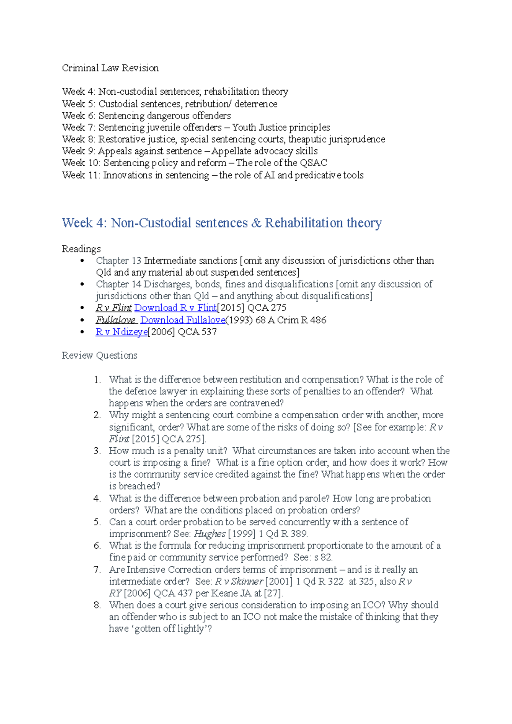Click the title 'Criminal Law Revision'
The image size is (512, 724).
pyautogui.click(x=110, y=68)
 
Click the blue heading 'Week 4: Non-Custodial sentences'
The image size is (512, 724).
pyautogui.click(x=221, y=223)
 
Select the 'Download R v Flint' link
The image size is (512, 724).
pyautogui.click(x=175, y=308)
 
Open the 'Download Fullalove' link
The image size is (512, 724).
pyautogui.click(x=183, y=320)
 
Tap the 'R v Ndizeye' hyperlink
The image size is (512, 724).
pyautogui.click(x=122, y=332)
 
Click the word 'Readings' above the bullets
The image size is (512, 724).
pyautogui.click(x=81, y=249)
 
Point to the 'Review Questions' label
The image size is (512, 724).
pyautogui.click(x=99, y=356)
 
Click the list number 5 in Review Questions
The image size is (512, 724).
pyautogui.click(x=97, y=522)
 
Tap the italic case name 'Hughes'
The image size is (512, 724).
pyautogui.click(x=209, y=534)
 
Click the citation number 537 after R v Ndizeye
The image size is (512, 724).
pyautogui.click(x=209, y=332)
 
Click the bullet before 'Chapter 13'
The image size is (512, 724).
pyautogui.click(x=82, y=261)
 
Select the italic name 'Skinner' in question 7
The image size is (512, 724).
pyautogui.click(x=247, y=582)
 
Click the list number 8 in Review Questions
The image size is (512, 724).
pyautogui.click(x=97, y=605)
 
